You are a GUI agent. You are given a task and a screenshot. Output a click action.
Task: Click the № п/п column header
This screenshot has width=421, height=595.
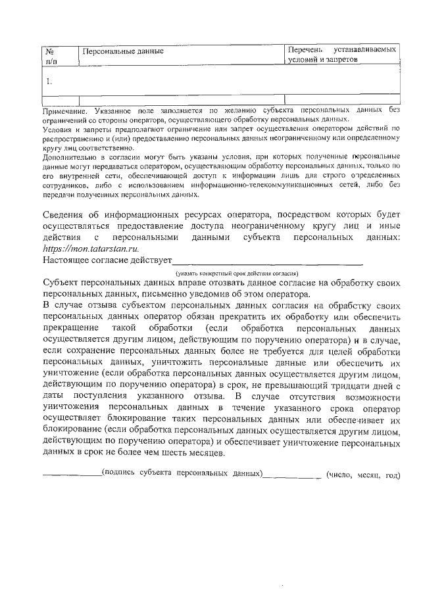point(51,55)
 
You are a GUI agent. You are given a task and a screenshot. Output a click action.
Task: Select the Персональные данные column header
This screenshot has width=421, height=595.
point(120,51)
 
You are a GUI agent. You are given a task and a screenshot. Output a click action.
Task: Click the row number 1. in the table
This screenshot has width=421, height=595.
point(49,82)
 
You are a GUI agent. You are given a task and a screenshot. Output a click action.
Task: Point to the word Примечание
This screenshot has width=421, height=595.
point(64,112)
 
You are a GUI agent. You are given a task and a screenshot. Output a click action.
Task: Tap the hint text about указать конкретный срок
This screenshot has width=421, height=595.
point(237,273)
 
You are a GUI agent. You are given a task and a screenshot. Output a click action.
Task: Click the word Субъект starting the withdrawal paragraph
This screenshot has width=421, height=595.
point(64,283)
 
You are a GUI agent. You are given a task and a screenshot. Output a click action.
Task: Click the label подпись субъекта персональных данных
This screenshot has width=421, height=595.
point(182,475)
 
